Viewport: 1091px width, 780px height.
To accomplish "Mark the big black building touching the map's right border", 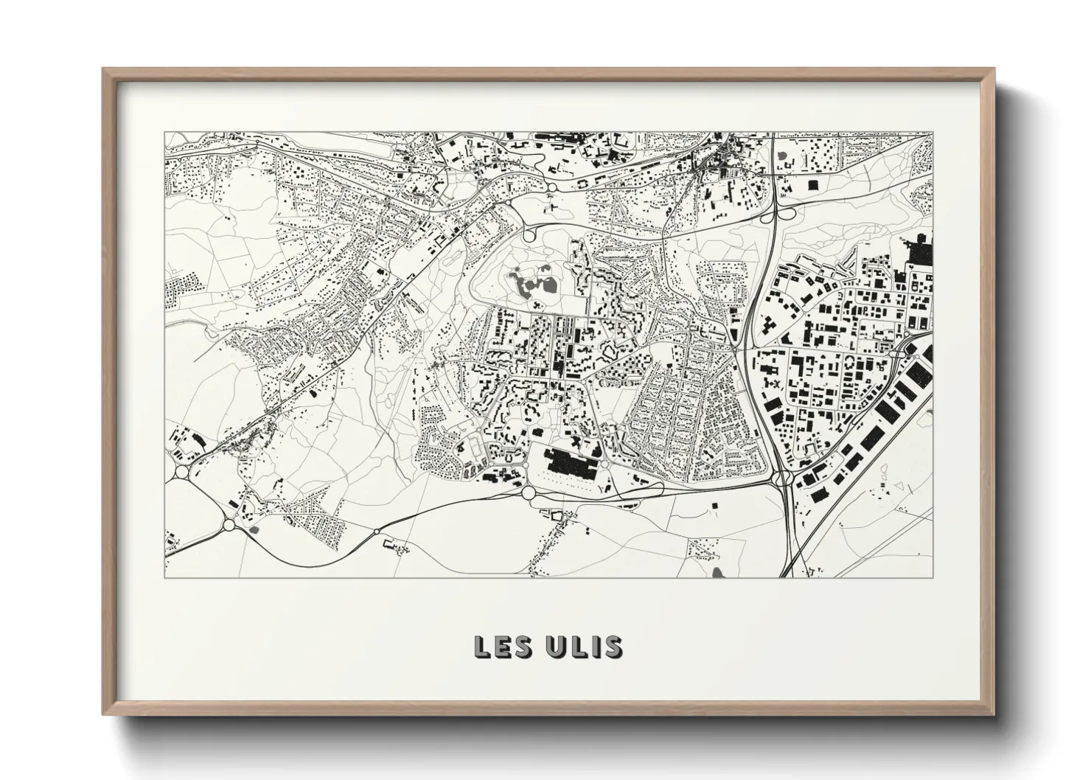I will click(921, 250).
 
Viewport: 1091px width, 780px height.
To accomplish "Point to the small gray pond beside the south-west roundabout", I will click(254, 529).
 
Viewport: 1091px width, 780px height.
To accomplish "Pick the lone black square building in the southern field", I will click(714, 506).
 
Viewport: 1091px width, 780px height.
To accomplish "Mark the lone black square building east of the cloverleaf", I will click(813, 184).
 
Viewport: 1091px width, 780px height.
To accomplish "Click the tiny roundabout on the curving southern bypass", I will click(377, 531).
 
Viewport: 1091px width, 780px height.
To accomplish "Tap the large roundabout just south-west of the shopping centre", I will click(528, 492).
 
